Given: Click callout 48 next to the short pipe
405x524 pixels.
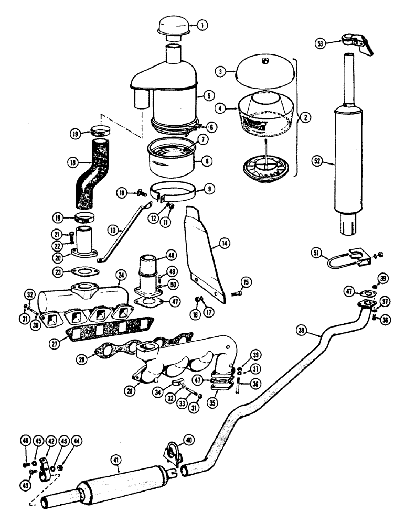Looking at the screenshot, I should (171, 255).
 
